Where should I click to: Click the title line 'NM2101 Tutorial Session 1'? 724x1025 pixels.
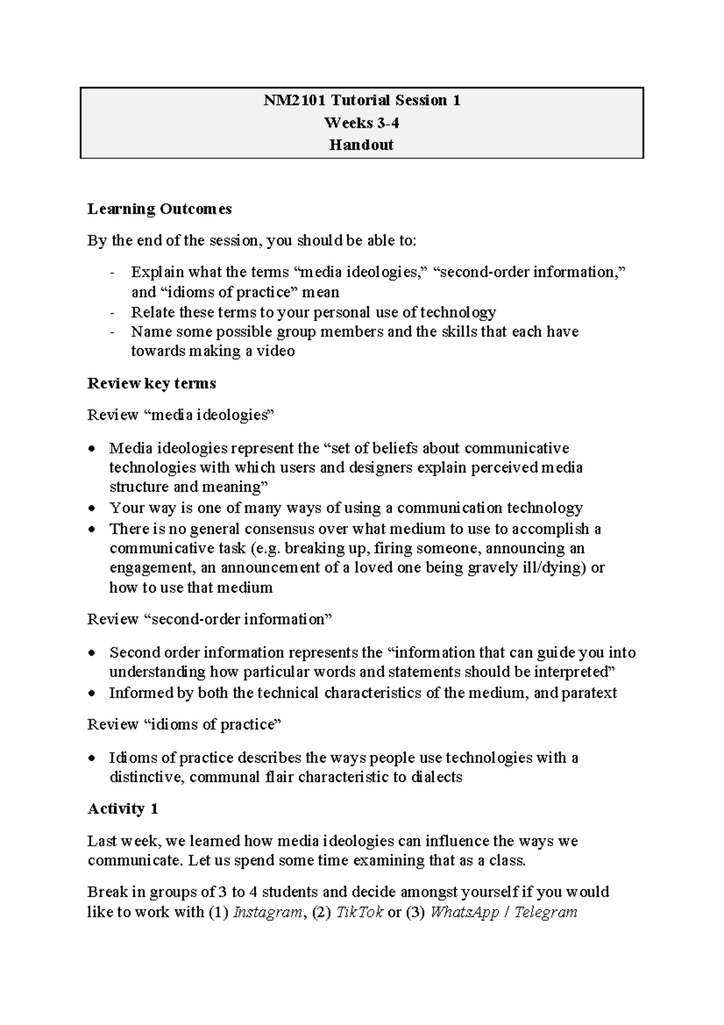pyautogui.click(x=361, y=100)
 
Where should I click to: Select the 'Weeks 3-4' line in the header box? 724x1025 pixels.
pyautogui.click(x=361, y=123)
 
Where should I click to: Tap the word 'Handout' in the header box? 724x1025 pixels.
pyautogui.click(x=361, y=145)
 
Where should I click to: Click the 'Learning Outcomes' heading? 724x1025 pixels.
pyautogui.click(x=159, y=209)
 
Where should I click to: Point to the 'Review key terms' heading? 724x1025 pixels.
pyautogui.click(x=151, y=383)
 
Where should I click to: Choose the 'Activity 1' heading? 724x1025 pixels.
pyautogui.click(x=122, y=809)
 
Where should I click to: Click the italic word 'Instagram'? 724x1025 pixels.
pyautogui.click(x=267, y=912)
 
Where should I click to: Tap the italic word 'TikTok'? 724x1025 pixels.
pyautogui.click(x=360, y=912)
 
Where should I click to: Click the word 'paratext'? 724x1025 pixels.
pyautogui.click(x=589, y=693)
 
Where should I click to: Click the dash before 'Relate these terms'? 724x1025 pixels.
pyautogui.click(x=112, y=313)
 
